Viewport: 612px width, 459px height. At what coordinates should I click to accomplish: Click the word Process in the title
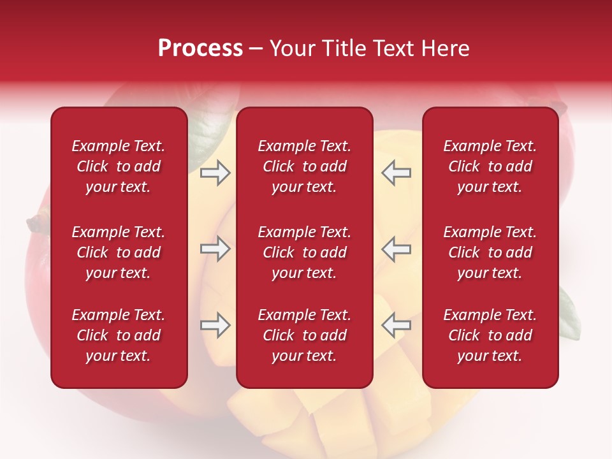[x=200, y=48]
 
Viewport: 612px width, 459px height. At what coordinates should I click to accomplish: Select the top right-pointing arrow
[x=215, y=173]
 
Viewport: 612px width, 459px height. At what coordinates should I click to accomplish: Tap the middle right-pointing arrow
[x=215, y=249]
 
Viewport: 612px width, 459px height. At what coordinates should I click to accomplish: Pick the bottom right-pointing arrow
[x=215, y=325]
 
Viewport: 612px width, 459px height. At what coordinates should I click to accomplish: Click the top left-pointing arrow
[x=396, y=173]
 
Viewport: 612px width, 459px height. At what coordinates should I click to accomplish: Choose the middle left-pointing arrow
[x=396, y=249]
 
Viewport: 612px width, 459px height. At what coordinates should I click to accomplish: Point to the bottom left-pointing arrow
[x=396, y=325]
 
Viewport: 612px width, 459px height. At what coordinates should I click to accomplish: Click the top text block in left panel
[x=119, y=166]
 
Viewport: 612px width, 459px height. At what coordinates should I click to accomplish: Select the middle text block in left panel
[x=119, y=252]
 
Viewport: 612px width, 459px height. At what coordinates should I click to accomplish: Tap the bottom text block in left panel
[x=119, y=335]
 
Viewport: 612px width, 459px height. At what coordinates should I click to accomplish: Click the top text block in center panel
[x=304, y=166]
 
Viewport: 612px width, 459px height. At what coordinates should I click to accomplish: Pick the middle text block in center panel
[x=304, y=252]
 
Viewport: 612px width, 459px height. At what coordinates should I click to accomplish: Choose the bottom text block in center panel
[x=304, y=335]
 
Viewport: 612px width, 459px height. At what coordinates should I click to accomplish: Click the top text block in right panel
[x=490, y=166]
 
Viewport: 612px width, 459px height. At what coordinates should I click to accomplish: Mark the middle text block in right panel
[x=490, y=252]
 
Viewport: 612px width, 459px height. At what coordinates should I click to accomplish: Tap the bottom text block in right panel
[x=490, y=335]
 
